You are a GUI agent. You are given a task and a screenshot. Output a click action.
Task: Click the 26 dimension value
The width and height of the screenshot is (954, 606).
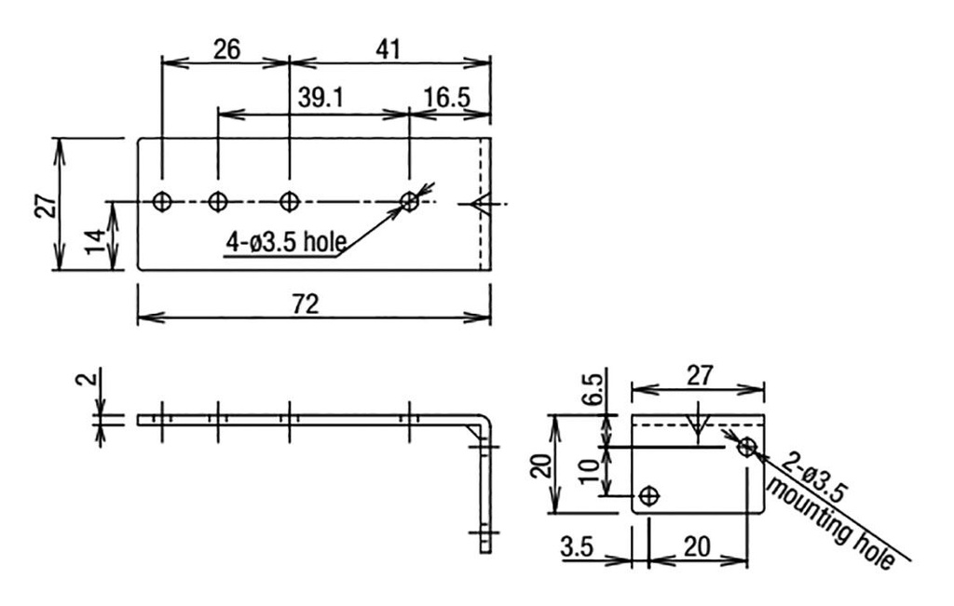[x=225, y=49]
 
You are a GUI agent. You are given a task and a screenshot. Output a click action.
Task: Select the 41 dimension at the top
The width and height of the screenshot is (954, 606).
[x=388, y=49]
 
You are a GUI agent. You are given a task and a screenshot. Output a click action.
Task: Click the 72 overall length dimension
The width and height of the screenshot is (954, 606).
[x=305, y=303]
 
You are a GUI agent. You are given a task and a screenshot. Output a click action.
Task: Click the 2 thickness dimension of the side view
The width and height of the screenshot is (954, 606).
[x=85, y=382]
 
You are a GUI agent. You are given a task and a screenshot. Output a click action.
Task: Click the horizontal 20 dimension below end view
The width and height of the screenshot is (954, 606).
[x=698, y=547]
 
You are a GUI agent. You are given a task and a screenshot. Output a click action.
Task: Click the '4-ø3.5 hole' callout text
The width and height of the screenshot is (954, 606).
[x=285, y=243]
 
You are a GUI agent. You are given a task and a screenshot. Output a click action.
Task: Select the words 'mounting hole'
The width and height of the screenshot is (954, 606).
[x=831, y=526]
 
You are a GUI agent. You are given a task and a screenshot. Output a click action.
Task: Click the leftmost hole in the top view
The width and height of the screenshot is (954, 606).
[x=162, y=200]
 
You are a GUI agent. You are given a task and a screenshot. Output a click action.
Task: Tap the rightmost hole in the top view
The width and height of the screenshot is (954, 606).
[x=409, y=200]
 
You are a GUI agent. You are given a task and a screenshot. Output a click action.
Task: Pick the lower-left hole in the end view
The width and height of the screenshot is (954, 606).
[x=649, y=495]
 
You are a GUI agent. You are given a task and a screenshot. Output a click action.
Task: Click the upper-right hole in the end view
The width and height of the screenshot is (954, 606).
[x=746, y=448]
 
